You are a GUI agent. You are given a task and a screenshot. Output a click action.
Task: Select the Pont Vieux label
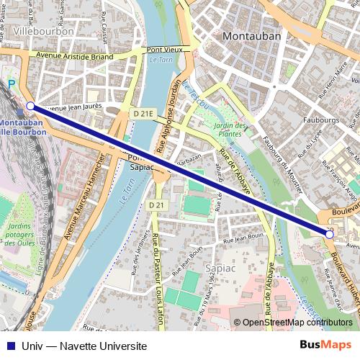(x=163, y=50)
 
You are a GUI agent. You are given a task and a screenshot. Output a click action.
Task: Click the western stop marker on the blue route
(x=30, y=106)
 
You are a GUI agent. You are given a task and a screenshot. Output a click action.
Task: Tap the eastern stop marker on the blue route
(x=330, y=233)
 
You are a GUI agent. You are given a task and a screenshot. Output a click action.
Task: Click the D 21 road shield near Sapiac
(x=155, y=205)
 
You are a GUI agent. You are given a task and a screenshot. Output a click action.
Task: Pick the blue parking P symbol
(x=11, y=84)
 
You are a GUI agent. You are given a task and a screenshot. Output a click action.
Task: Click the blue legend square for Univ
(x=9, y=346)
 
